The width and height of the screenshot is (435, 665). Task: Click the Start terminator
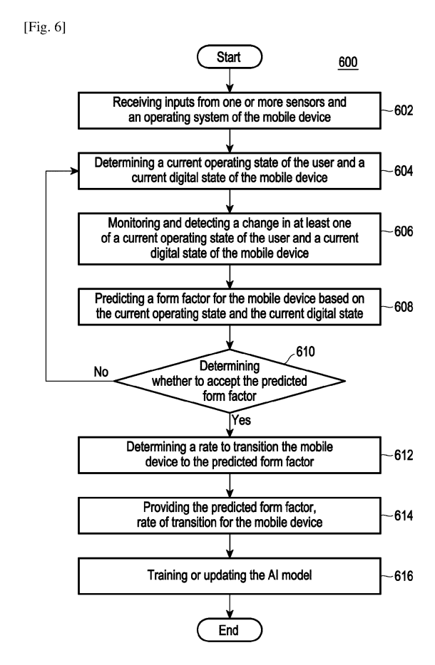click(x=231, y=56)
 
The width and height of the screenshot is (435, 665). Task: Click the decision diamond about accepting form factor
click(x=231, y=382)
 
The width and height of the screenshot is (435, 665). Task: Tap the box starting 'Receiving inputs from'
click(x=231, y=110)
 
